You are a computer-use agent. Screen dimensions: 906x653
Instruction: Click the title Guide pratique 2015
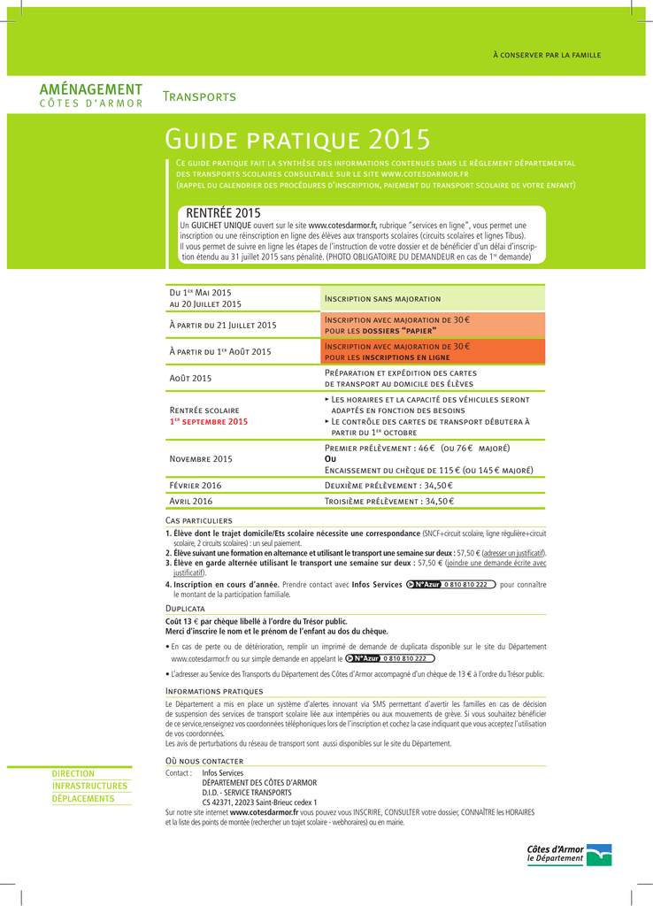297,140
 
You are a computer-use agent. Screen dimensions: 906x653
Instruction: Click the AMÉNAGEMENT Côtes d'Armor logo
91,96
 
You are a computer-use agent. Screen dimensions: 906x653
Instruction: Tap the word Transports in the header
199,96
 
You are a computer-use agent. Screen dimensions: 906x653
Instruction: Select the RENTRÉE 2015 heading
223,213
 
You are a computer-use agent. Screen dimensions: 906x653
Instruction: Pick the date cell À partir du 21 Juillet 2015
223,325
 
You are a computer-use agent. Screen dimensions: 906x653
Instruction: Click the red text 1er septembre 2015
209,422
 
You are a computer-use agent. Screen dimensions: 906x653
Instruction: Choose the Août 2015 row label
190,379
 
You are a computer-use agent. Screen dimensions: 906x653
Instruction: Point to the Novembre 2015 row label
201,459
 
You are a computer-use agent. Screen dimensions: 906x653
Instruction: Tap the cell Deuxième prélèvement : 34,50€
389,486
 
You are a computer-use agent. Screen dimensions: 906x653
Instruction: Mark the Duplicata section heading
186,609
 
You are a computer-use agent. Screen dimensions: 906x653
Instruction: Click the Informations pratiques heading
214,690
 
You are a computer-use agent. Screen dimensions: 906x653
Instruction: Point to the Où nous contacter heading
204,761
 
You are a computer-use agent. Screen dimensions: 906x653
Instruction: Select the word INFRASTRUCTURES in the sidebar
89,786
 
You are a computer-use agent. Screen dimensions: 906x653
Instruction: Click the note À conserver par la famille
547,55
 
